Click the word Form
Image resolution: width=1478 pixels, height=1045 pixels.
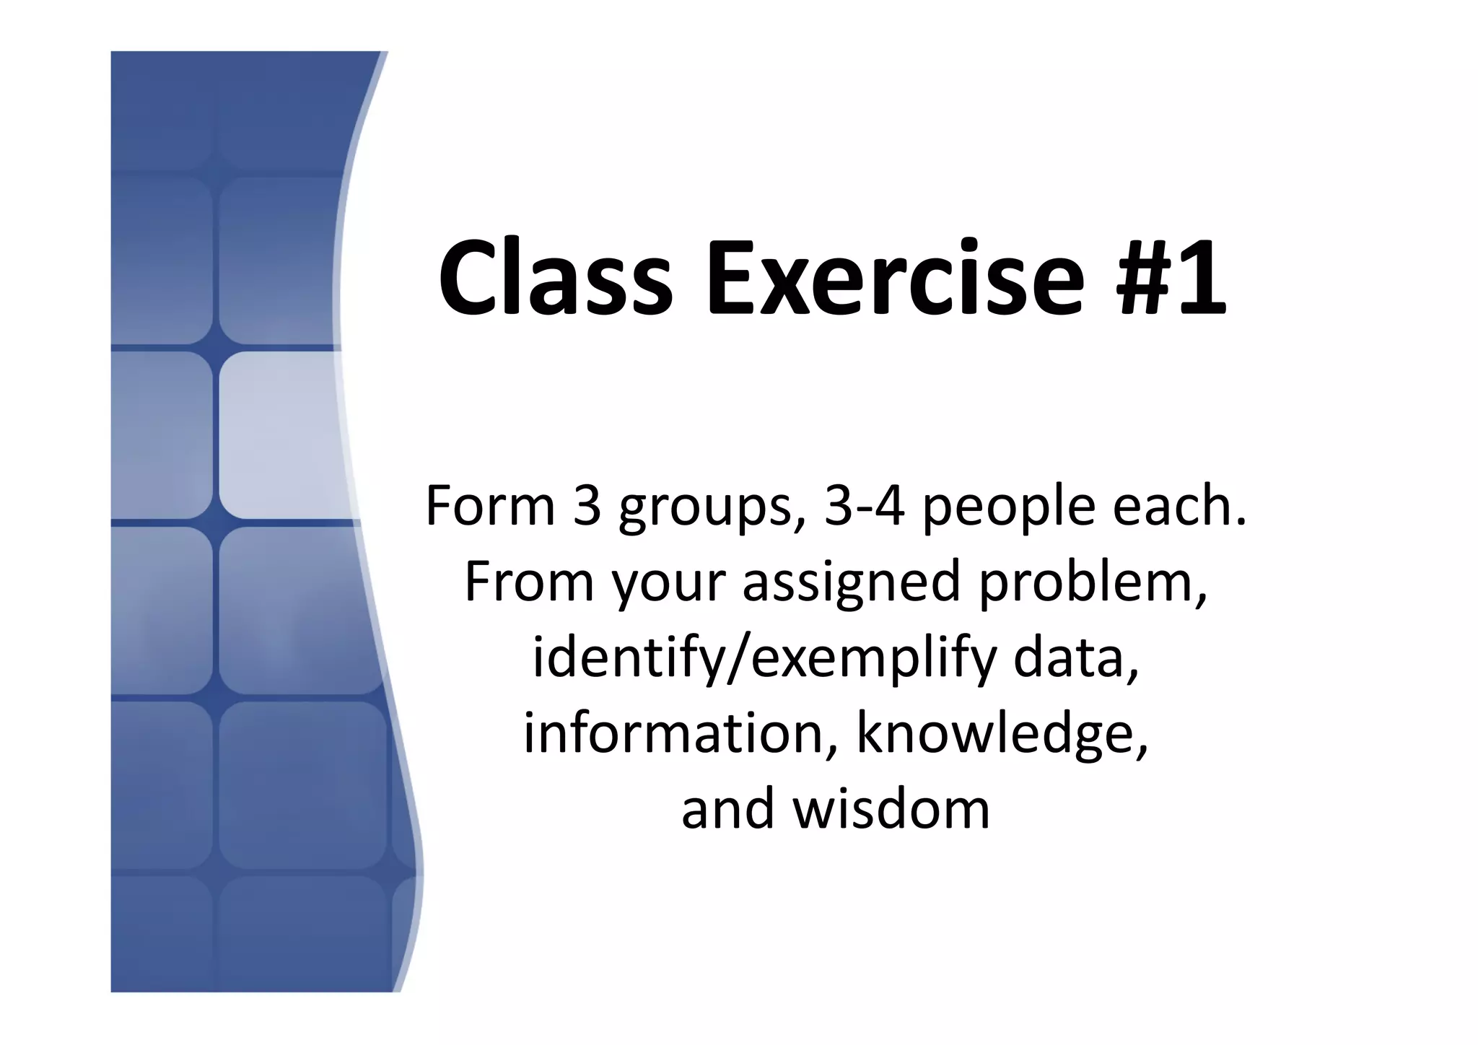490,506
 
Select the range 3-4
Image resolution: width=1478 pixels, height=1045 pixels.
865,506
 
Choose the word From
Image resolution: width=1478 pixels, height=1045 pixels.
530,582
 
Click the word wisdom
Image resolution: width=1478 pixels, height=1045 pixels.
891,809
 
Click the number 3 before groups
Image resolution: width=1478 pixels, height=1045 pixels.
587,506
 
